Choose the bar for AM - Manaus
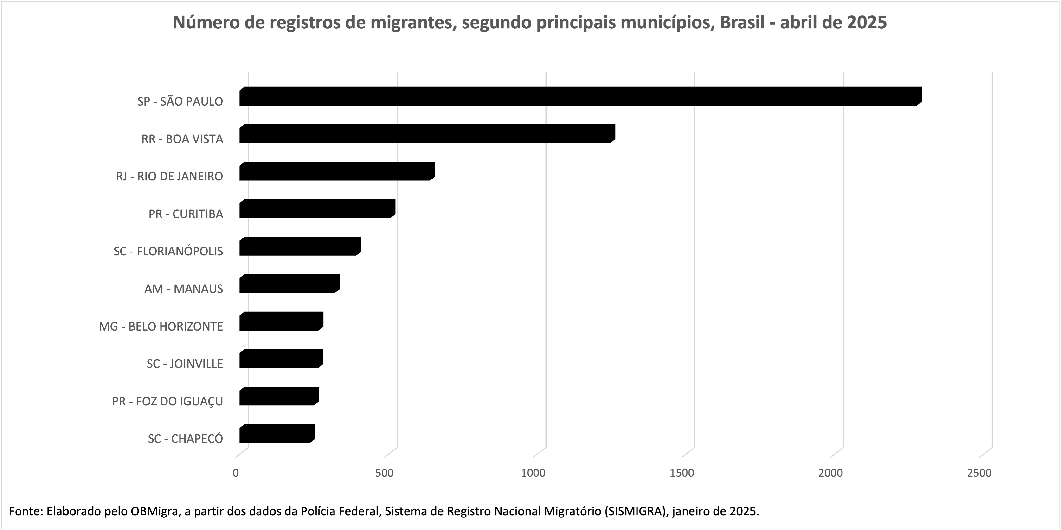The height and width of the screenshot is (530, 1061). pyautogui.click(x=289, y=284)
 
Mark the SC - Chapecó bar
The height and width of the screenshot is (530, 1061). pyautogui.click(x=277, y=433)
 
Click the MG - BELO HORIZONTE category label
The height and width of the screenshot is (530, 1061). pyautogui.click(x=161, y=326)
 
